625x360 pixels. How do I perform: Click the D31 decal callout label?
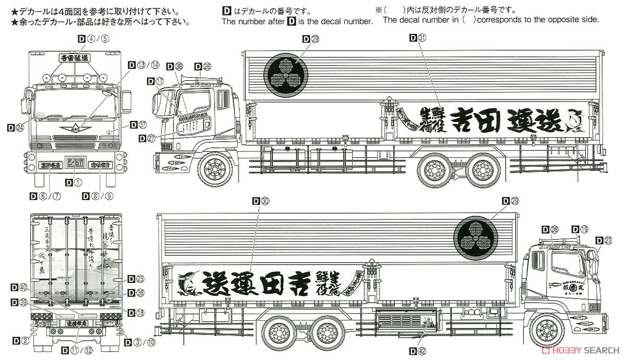pyautogui.click(x=418, y=38)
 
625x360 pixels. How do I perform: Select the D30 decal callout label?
pyautogui.click(x=261, y=201)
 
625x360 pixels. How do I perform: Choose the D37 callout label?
pyautogui.click(x=139, y=125)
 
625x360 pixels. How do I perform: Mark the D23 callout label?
pyautogui.click(x=605, y=240)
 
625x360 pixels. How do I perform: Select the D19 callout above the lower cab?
pyautogui.click(x=581, y=229)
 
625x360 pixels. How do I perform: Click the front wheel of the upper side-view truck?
pyautogui.click(x=214, y=168)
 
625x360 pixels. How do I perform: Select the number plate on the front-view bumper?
pyautogui.click(x=73, y=164)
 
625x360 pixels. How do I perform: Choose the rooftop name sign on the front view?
pyautogui.click(x=74, y=58)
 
